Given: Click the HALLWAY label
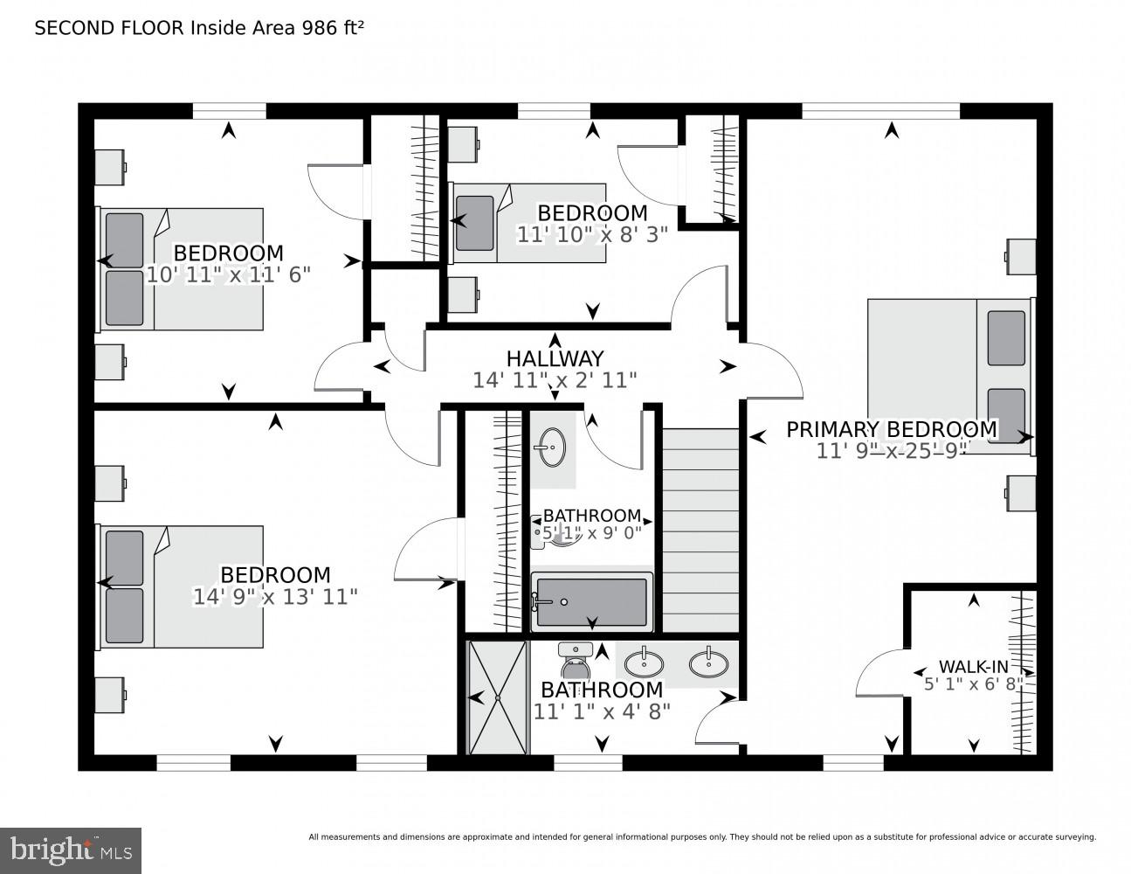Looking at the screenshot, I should pyautogui.click(x=555, y=358).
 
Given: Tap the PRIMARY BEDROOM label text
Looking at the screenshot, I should pyautogui.click(x=891, y=429).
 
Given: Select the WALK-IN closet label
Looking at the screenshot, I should pyautogui.click(x=973, y=665).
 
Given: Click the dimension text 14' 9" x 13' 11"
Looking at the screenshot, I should pyautogui.click(x=275, y=597).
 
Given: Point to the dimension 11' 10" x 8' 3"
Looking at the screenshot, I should pyautogui.click(x=592, y=234).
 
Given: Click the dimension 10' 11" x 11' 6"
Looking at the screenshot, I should pyautogui.click(x=228, y=274).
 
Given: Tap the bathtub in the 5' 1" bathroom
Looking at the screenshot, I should pyautogui.click(x=592, y=600).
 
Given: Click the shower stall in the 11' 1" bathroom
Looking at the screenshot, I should pyautogui.click(x=498, y=697).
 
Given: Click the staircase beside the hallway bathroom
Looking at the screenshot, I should pyautogui.click(x=700, y=530).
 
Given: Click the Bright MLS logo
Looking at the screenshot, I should pyautogui.click(x=71, y=850).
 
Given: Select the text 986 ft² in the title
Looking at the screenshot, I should pyautogui.click(x=333, y=28).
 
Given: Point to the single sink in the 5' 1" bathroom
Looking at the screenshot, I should pyautogui.click(x=551, y=447).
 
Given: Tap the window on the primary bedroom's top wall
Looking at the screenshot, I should pyautogui.click(x=880, y=111).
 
